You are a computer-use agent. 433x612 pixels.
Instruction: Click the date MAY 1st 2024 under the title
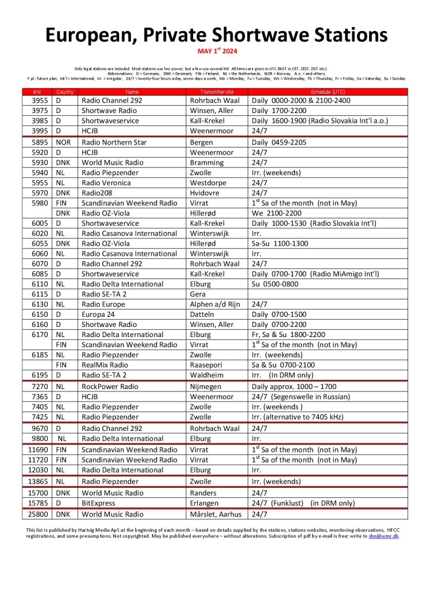coord(216,51)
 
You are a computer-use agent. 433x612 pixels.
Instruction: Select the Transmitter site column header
coord(217,91)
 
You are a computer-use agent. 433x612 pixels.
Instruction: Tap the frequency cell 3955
coord(36,100)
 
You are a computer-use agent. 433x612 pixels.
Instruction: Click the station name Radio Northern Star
coord(114,142)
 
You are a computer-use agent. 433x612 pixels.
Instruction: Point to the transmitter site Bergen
coord(202,142)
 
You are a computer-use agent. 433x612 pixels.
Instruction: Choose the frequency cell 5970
coord(36,193)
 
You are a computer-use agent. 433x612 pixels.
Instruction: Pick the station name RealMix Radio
coord(105,365)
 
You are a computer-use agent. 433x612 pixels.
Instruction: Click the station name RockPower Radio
coord(109,387)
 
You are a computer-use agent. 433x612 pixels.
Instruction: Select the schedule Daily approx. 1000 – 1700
coord(294,387)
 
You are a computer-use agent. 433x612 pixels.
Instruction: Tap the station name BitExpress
coord(99,503)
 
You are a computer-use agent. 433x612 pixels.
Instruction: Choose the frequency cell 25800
coord(36,514)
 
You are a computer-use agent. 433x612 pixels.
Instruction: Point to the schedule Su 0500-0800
coord(277,284)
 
